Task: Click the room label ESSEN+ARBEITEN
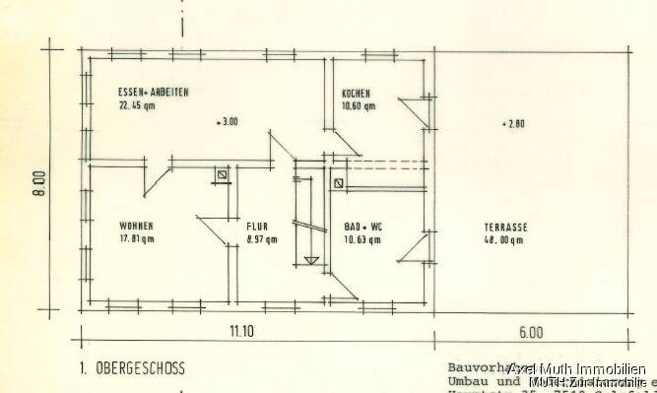[153, 92]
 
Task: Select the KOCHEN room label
[358, 92]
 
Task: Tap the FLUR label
[258, 227]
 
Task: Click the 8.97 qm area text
[262, 238]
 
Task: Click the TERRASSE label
[506, 227]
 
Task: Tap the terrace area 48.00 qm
[506, 238]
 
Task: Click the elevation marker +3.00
[227, 123]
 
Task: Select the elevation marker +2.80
[513, 124]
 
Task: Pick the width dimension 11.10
[241, 333]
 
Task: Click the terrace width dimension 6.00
[533, 333]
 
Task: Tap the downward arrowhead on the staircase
[312, 260]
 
